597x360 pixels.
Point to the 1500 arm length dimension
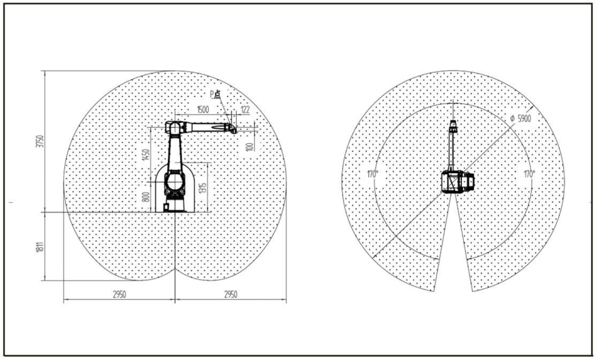tap(203, 110)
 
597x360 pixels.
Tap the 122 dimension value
tap(245, 110)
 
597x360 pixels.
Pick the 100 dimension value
tap(250, 147)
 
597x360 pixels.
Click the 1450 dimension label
tap(146, 154)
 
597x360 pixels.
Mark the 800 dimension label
tap(146, 197)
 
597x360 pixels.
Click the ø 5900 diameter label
tap(521, 119)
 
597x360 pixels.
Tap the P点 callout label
tap(215, 94)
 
